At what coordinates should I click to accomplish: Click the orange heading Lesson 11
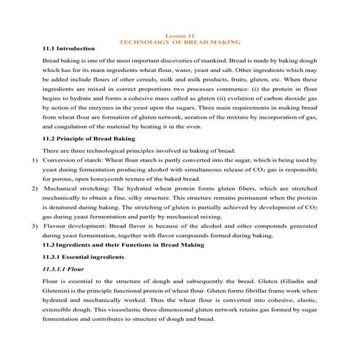pyautogui.click(x=180, y=36)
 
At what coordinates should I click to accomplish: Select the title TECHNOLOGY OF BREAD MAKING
pyautogui.click(x=180, y=41)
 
